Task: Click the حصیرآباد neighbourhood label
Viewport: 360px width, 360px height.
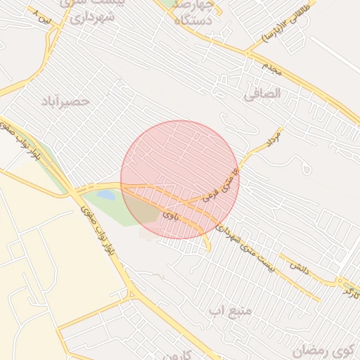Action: pos(66,101)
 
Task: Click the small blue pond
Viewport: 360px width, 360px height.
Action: pos(105,194)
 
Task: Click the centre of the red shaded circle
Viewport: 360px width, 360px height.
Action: pos(180,180)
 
